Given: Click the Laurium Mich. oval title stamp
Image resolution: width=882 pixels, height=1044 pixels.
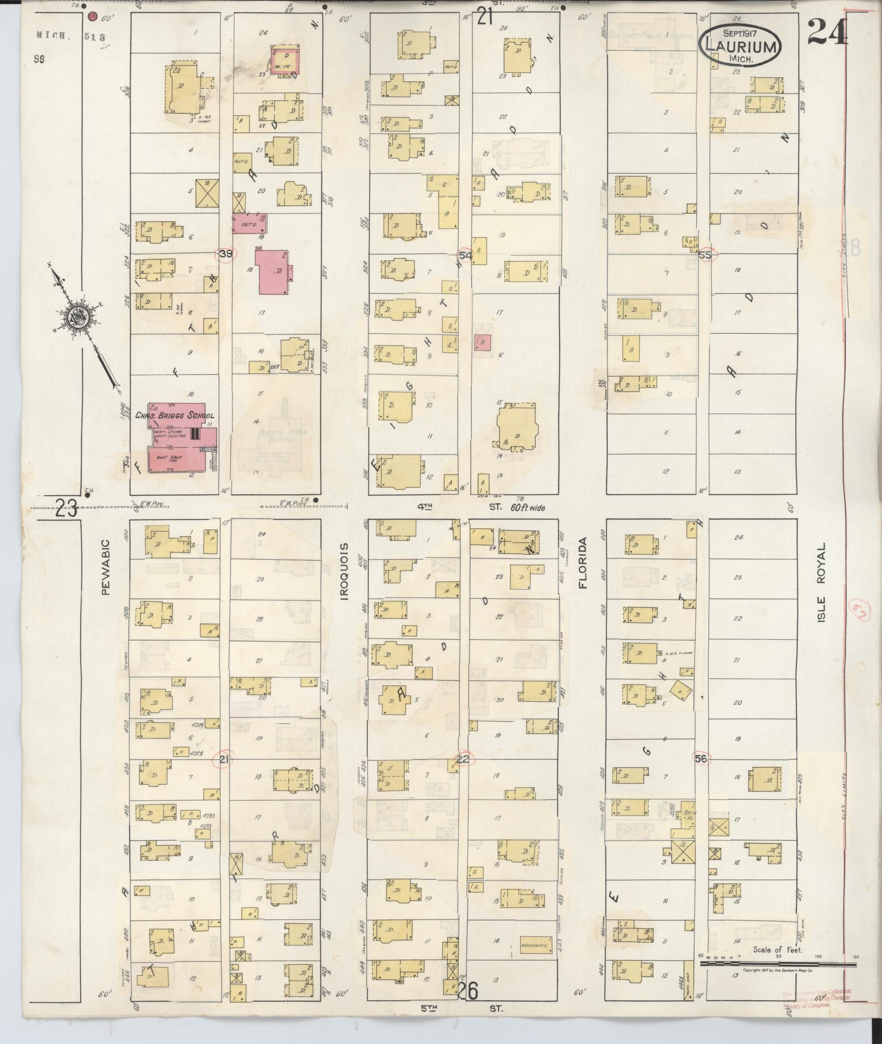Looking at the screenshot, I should click(x=741, y=46).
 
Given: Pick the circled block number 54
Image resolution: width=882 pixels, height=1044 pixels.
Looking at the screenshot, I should click(x=465, y=255).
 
